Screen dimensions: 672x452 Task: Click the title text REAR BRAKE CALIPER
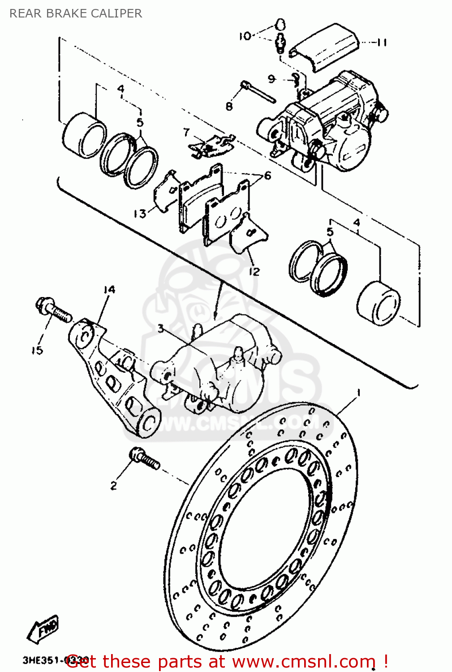click(x=75, y=13)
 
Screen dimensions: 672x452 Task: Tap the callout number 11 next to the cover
click(x=381, y=43)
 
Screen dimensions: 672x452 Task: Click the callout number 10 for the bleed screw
click(x=245, y=36)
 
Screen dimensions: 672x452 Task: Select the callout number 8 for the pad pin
click(x=229, y=106)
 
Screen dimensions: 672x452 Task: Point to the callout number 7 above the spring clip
click(x=186, y=132)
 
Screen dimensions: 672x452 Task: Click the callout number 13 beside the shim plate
click(x=140, y=214)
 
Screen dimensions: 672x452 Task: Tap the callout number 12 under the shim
click(x=254, y=271)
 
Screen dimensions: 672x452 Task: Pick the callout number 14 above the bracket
click(x=109, y=290)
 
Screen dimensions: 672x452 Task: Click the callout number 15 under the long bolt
click(x=37, y=350)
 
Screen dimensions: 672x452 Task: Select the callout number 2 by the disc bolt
click(x=114, y=486)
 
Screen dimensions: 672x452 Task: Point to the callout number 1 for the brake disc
click(x=358, y=393)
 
